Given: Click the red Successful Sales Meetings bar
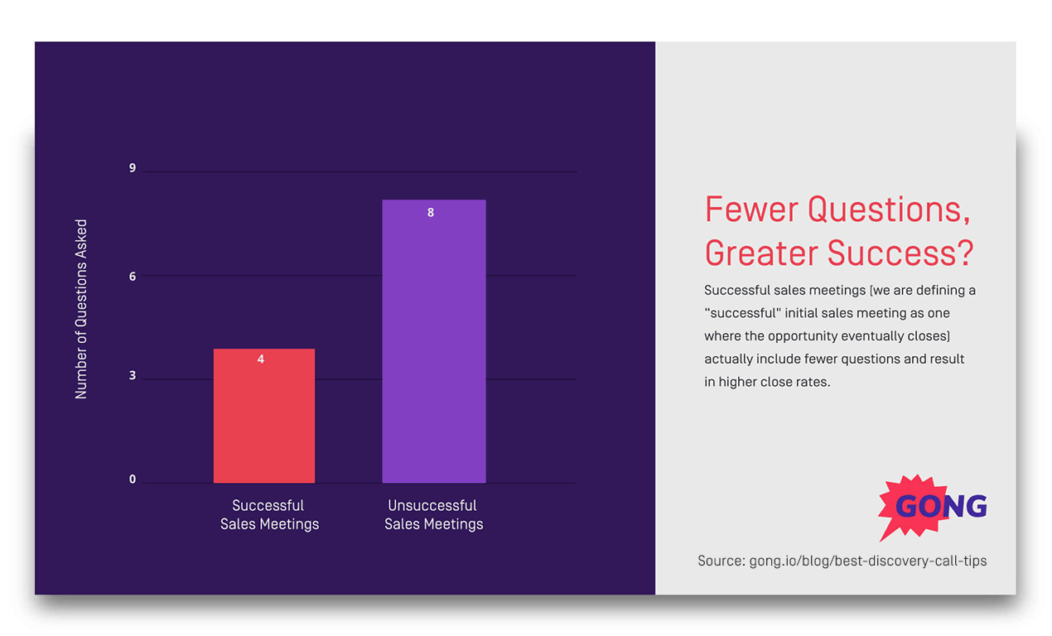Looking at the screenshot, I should coord(263,422).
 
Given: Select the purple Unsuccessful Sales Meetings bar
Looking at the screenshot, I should coord(433,348).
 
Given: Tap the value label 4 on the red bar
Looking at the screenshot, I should coord(261,359).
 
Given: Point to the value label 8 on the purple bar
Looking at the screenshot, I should coord(431,213).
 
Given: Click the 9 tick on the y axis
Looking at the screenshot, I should coord(133,168).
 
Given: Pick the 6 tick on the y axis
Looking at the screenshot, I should coord(133,276).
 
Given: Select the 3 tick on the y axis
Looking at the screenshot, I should coord(133,377).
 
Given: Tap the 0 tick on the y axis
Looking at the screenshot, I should coord(133,479).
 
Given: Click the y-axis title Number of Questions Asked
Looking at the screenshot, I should coord(81,309).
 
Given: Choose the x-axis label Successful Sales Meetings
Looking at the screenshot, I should coord(269,514).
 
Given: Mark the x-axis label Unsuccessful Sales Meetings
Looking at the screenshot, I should coord(433,514).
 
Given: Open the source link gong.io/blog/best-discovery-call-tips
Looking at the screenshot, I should coord(867,561).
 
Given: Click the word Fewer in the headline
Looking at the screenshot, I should coord(751,210).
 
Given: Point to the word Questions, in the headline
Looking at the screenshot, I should coord(890,210).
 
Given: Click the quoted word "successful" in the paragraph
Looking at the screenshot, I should coord(744,313).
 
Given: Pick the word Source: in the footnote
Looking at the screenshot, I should coord(721,561).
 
